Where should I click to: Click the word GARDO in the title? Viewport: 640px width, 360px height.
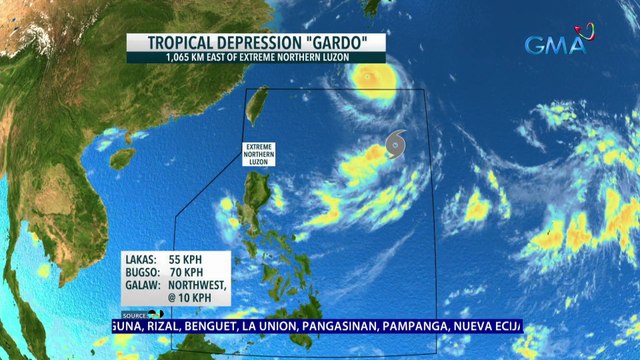click(344, 43)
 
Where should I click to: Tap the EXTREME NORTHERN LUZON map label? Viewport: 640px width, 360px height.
click(259, 154)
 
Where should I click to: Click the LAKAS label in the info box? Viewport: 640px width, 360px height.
click(141, 258)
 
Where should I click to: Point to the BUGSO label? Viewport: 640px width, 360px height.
click(142, 271)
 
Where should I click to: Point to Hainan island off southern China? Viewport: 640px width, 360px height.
click(122, 158)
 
